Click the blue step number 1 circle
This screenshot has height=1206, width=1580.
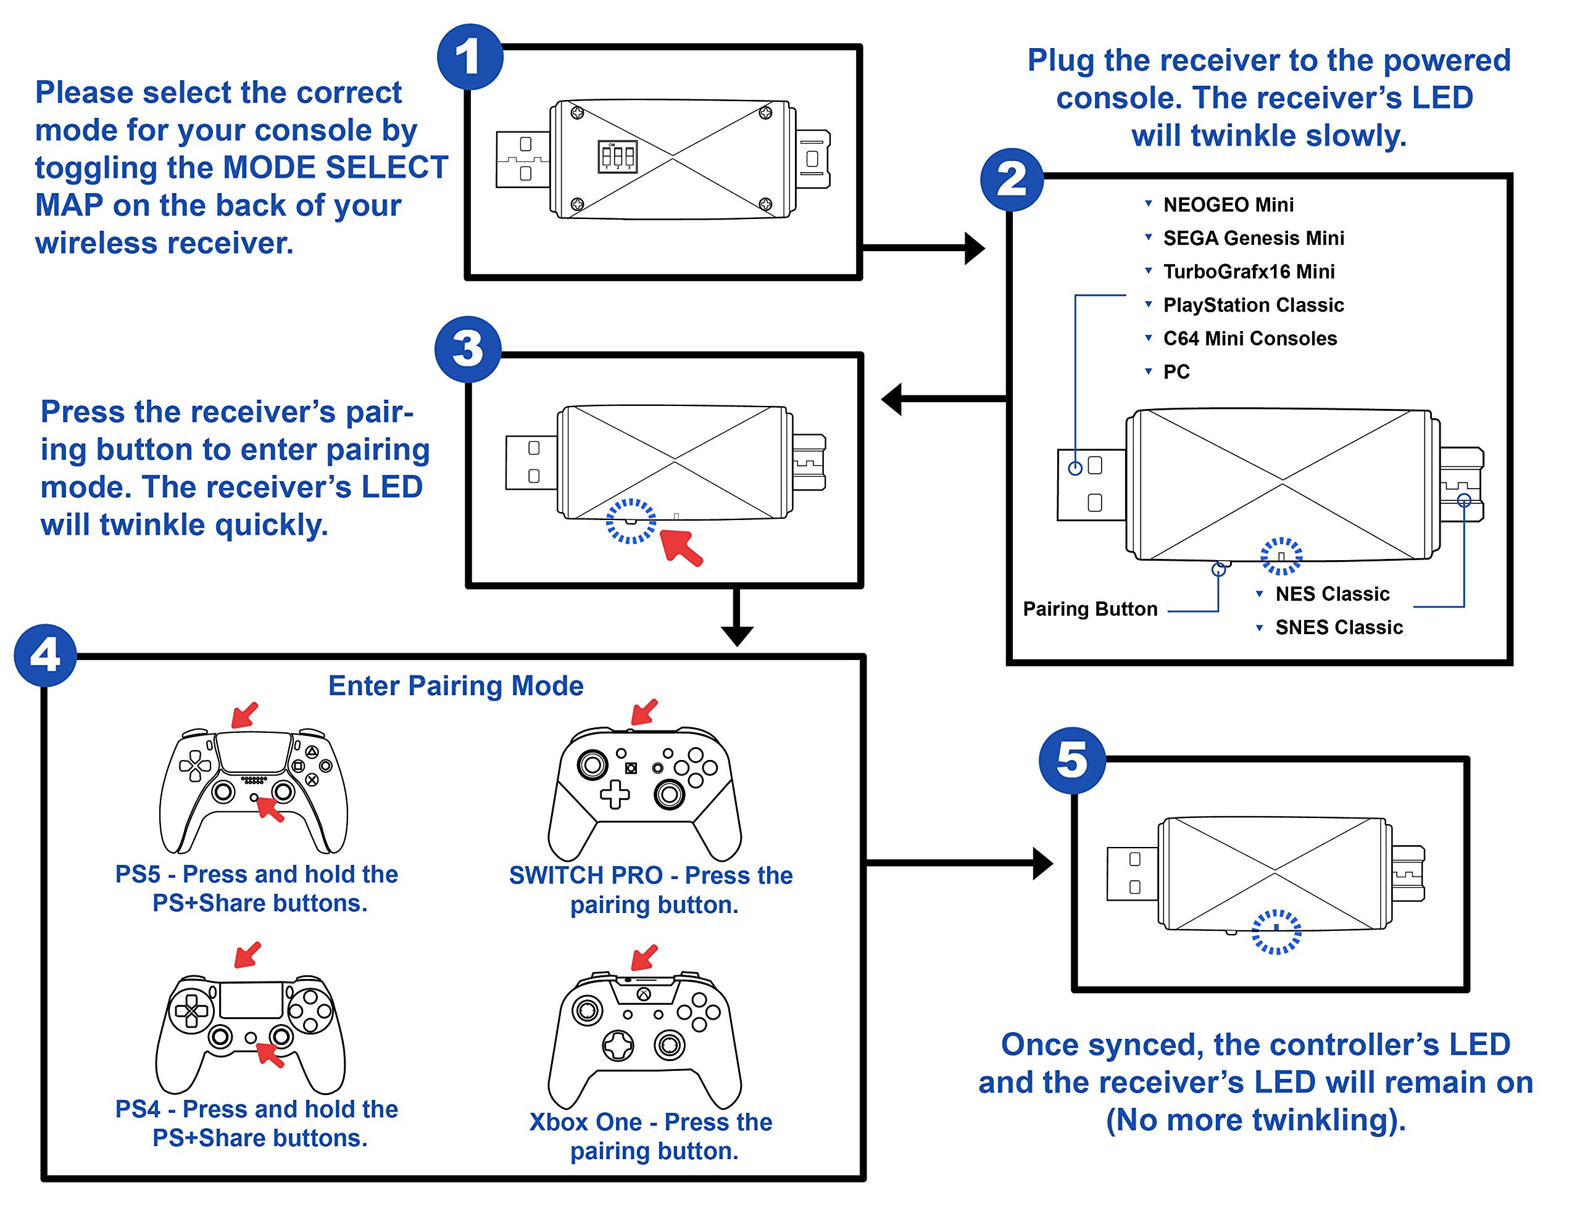[470, 57]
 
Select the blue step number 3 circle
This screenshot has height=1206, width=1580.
[468, 350]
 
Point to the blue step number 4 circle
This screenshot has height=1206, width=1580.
[45, 655]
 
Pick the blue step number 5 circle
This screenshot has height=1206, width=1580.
[1071, 760]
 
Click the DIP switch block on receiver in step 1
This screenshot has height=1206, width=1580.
[617, 157]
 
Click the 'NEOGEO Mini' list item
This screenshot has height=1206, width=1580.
[1228, 205]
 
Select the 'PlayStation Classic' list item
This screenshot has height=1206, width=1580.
[1254, 305]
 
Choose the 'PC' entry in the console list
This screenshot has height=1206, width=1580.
[1176, 372]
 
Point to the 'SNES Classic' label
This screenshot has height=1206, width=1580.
[1339, 627]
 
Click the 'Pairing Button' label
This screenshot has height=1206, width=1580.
[1090, 609]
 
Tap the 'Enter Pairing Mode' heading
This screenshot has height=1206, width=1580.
[455, 685]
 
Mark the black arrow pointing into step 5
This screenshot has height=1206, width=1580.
[962, 863]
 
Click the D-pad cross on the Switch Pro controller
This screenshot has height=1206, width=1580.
[615, 794]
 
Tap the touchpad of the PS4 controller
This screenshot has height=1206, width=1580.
[251, 1000]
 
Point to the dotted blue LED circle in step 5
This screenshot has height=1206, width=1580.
[1276, 931]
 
